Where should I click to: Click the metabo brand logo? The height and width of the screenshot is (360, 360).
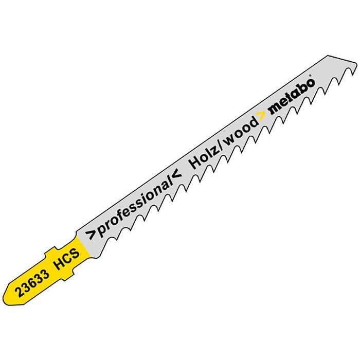pos(292,97)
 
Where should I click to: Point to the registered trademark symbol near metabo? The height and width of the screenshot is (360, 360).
pos(310,75)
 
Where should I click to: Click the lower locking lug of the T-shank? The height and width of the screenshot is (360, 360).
pos(69,276)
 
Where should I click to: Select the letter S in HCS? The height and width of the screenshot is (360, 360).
pos(75,254)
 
